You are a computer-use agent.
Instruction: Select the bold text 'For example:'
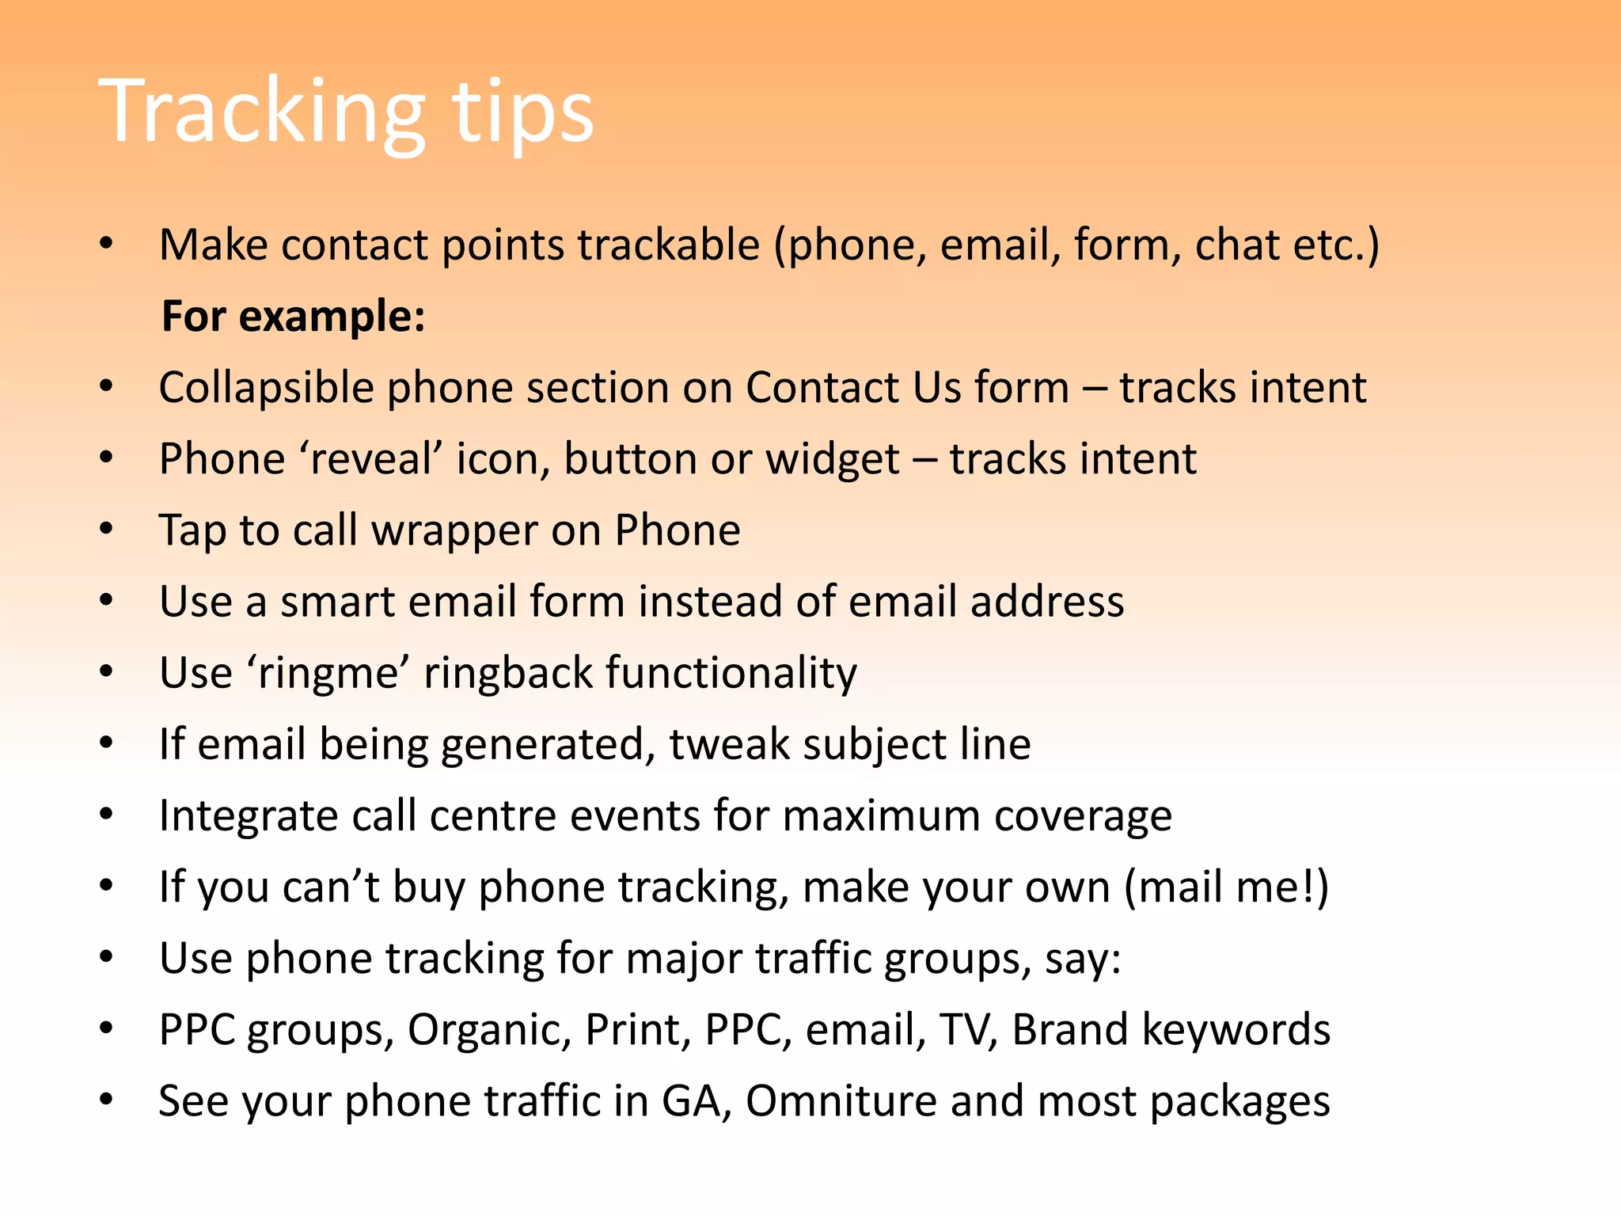click(x=293, y=317)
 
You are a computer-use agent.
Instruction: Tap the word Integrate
click(x=248, y=815)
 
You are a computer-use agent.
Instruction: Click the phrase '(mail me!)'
click(x=1226, y=887)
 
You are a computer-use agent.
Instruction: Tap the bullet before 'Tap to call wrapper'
click(x=107, y=530)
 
